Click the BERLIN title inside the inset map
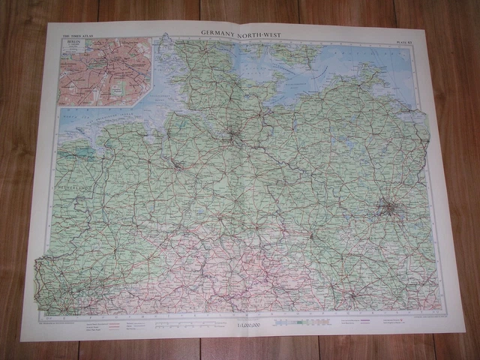click(72, 41)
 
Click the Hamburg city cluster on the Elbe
click(235, 136)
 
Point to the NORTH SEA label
click(82, 120)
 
